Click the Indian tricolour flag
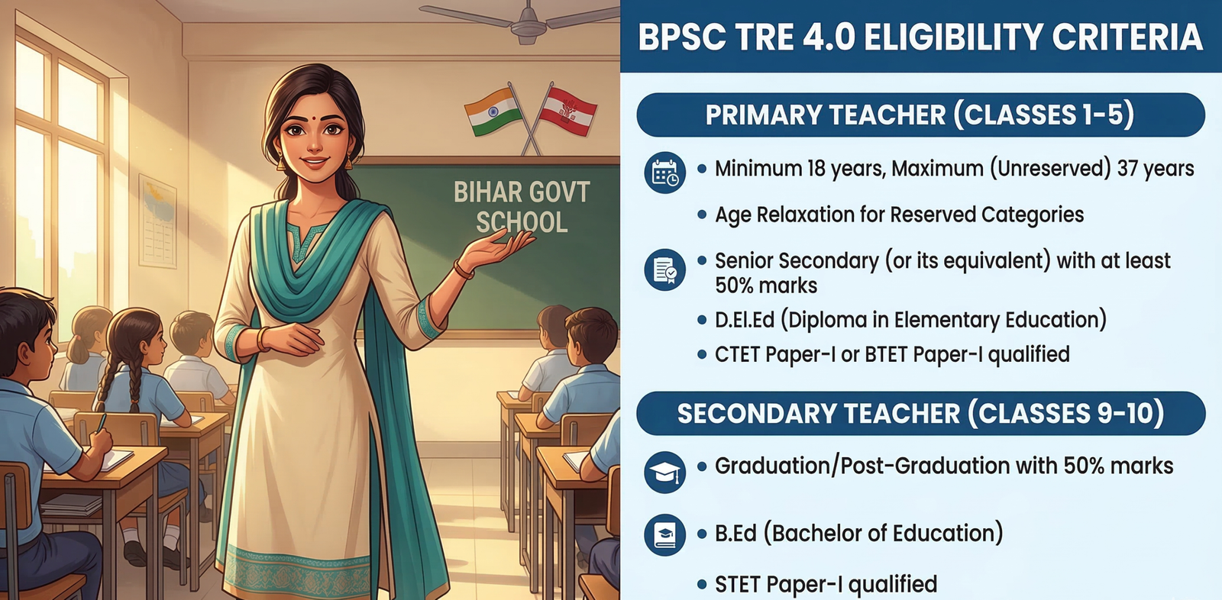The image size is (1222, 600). coord(493,111)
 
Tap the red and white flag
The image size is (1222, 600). coord(567,111)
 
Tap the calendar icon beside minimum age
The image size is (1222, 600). coord(664,173)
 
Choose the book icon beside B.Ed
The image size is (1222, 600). coord(664,534)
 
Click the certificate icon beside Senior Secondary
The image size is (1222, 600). coord(664,269)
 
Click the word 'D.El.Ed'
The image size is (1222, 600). coord(745,320)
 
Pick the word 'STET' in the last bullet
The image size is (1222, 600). coord(738,584)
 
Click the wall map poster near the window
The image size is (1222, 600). coord(157,221)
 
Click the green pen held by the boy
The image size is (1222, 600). coord(102,423)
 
